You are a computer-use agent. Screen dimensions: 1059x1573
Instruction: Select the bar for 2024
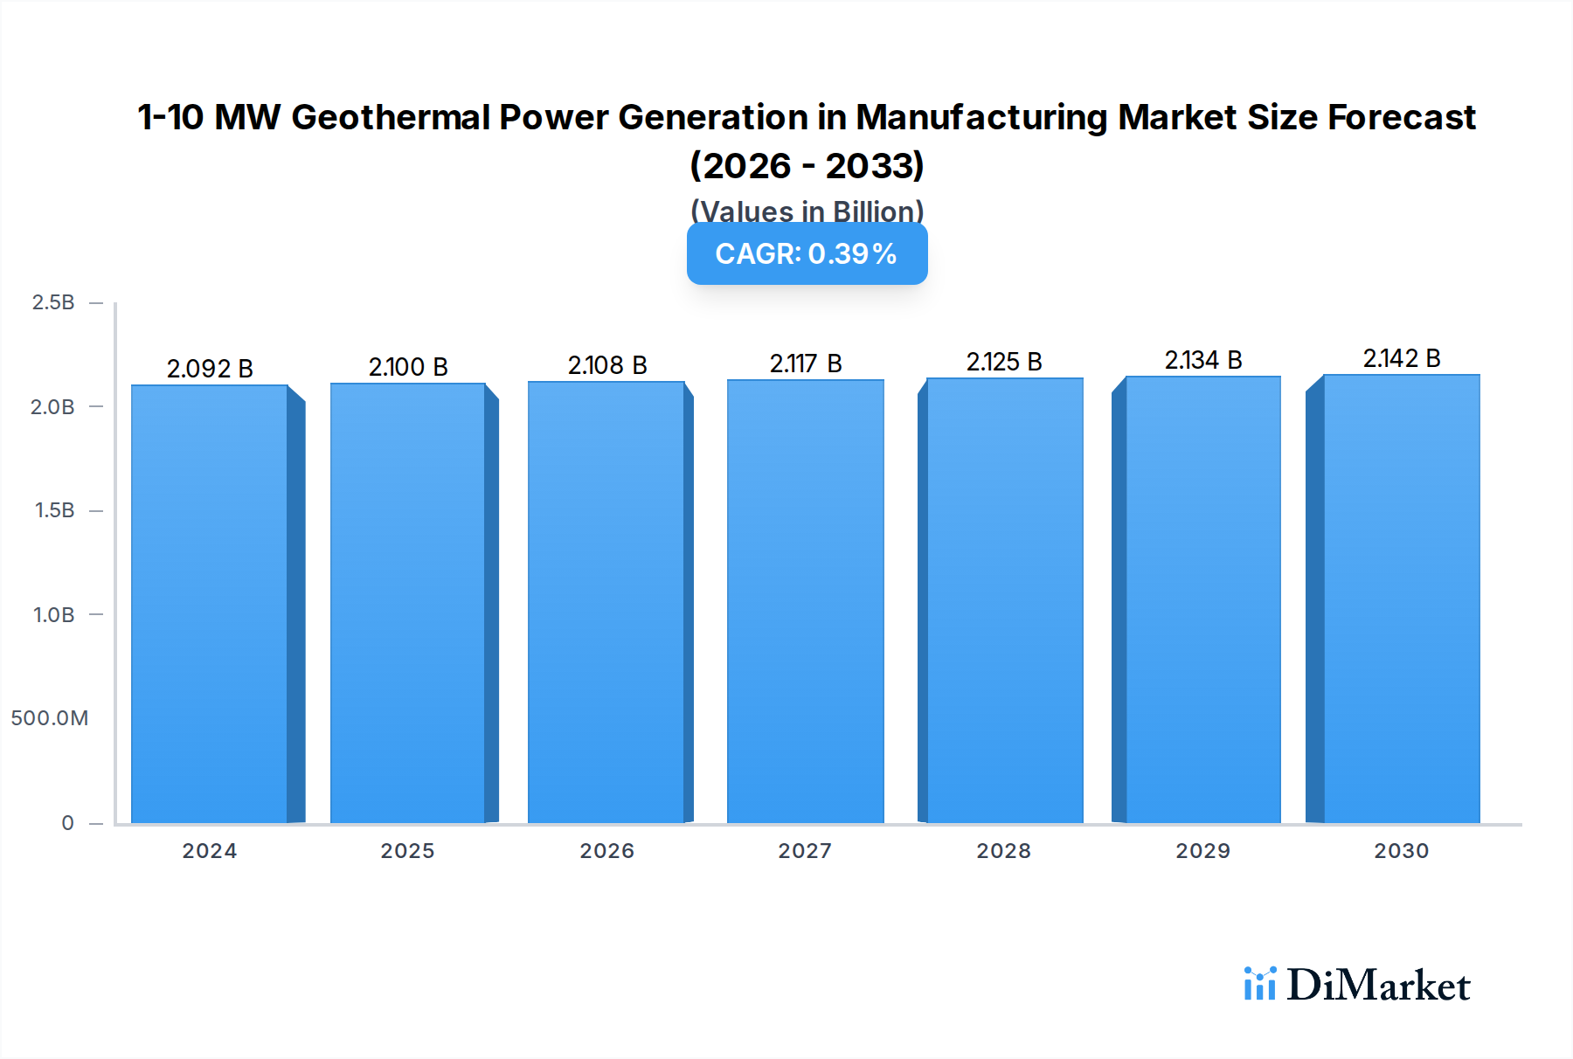point(210,603)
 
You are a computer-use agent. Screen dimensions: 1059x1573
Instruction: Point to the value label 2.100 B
point(408,367)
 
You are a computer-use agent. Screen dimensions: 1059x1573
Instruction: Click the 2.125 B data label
point(1004,362)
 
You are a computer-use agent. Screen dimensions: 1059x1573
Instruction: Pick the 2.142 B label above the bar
point(1402,358)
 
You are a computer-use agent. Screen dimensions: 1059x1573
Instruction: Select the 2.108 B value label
point(607,365)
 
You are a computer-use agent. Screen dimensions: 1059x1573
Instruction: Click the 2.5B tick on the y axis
point(53,302)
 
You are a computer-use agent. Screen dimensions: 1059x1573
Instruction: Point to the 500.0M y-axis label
point(50,718)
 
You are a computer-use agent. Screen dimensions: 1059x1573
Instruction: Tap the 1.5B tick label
point(54,510)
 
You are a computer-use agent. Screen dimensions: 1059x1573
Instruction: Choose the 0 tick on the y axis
point(67,822)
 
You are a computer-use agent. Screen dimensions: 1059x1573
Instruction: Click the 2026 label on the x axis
point(607,851)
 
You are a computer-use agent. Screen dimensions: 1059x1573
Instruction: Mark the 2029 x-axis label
point(1202,851)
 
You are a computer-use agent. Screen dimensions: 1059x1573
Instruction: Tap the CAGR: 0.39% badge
point(807,253)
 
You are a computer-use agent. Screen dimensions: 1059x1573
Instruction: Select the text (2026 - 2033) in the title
point(807,165)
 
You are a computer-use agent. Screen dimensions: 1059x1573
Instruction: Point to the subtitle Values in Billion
point(807,211)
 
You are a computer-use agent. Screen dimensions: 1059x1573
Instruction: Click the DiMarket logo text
point(1378,986)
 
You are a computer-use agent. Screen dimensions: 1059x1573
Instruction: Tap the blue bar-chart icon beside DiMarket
point(1259,984)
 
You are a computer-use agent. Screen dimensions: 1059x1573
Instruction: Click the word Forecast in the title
point(1402,117)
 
